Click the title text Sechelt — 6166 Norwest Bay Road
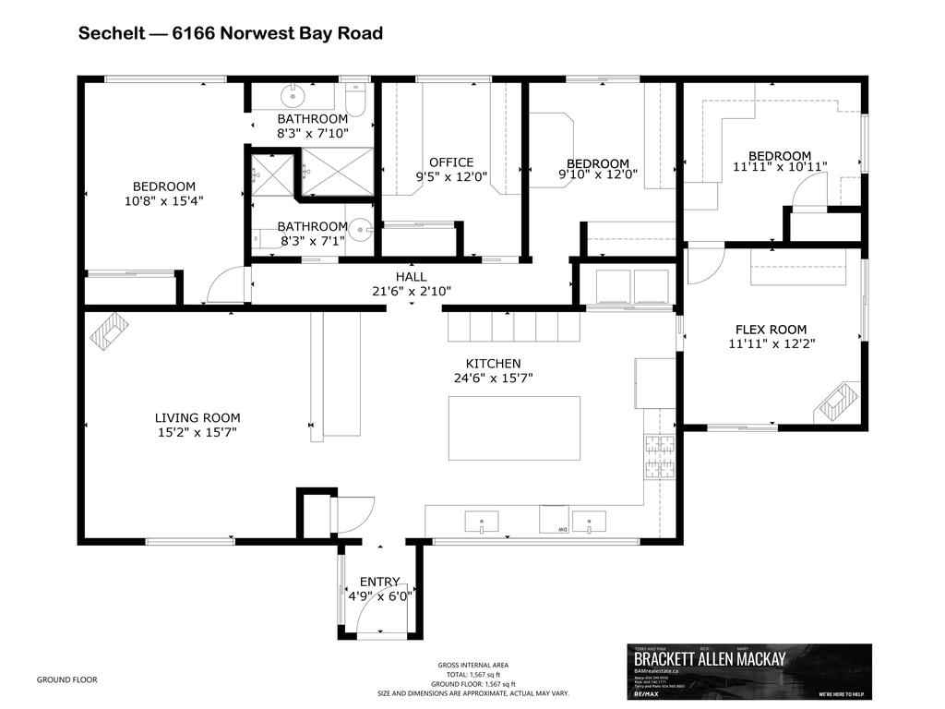[230, 34]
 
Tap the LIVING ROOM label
[196, 417]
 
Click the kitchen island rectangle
[514, 427]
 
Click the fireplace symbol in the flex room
[837, 403]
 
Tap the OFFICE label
[451, 162]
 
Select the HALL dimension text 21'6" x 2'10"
[411, 291]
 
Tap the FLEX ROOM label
[771, 330]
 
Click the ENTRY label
[379, 582]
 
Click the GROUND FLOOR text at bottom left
[66, 679]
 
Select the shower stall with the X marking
[337, 174]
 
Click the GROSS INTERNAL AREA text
[472, 665]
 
